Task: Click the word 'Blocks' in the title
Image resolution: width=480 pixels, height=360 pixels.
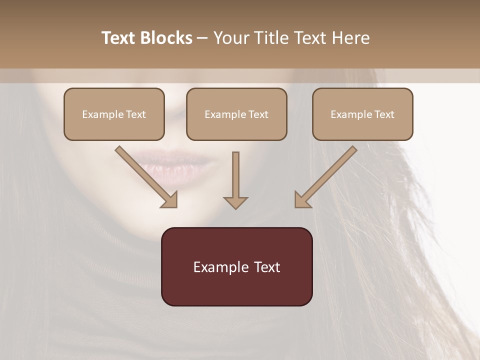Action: (166, 38)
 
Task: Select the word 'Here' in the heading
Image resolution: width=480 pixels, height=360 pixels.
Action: (352, 38)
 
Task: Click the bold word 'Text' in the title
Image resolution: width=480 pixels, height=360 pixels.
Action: (119, 38)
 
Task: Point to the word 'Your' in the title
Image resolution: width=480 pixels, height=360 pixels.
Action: (230, 38)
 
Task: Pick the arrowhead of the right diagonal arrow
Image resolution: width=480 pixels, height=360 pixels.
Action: (302, 200)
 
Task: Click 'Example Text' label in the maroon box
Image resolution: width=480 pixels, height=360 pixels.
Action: (236, 267)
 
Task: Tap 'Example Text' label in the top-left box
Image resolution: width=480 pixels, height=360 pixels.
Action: (114, 114)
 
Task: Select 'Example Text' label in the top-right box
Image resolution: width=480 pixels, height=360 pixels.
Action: (362, 114)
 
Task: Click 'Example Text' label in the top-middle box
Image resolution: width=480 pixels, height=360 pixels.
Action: (236, 114)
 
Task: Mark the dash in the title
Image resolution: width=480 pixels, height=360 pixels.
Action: (202, 38)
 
